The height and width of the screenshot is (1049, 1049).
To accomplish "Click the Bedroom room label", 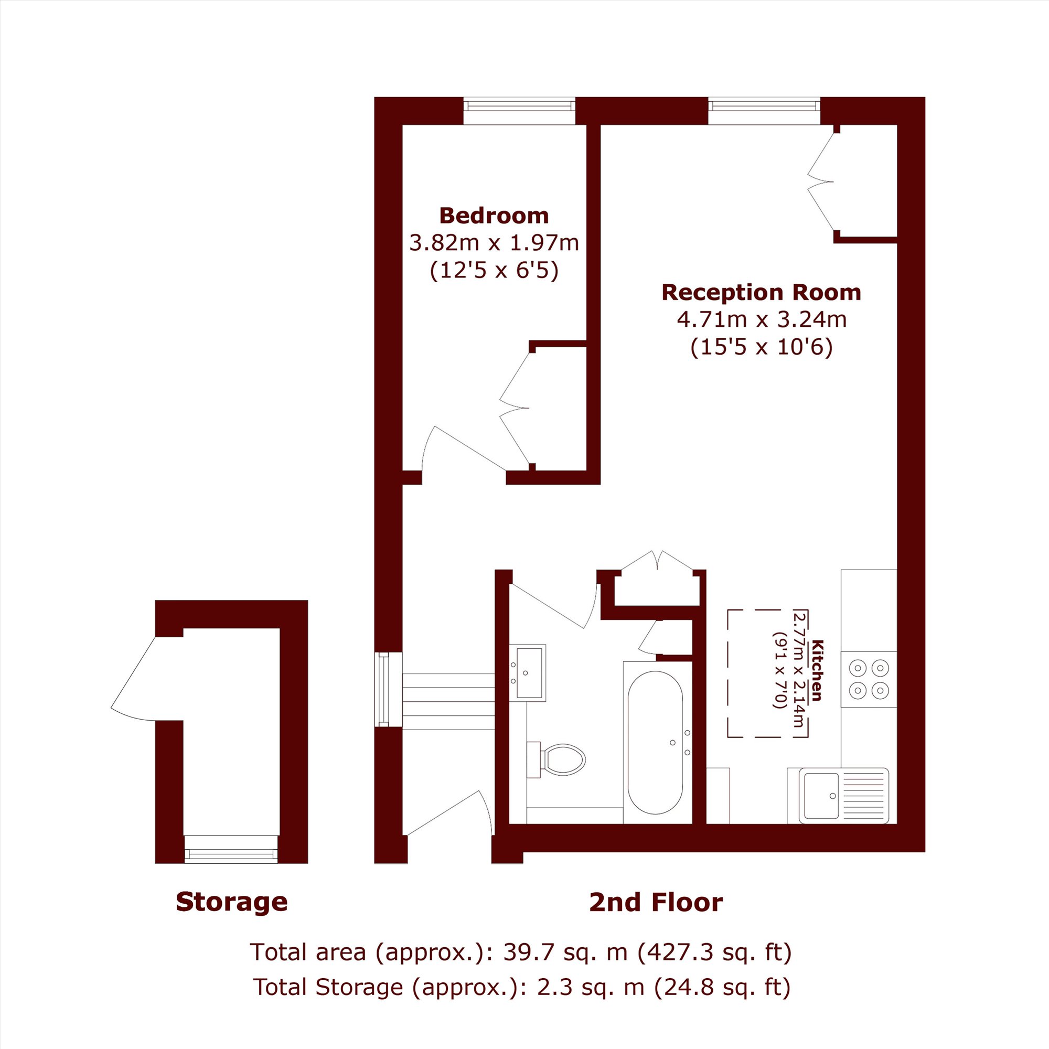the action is (494, 216).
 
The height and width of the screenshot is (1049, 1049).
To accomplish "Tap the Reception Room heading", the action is (761, 292).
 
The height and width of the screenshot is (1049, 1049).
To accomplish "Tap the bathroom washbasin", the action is (527, 673).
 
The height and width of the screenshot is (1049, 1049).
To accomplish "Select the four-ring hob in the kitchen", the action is (868, 679).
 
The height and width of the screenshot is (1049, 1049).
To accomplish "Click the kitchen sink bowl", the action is (821, 796).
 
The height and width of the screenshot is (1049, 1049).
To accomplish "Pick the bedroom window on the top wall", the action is (519, 111).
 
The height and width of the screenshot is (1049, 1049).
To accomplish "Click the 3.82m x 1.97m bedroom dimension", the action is (494, 243).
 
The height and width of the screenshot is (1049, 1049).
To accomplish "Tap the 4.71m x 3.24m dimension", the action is (761, 319).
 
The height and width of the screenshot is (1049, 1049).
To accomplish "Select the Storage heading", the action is (232, 902).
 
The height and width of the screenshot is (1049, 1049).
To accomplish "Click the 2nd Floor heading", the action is (656, 902).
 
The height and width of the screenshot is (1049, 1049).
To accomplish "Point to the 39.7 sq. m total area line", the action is (521, 952).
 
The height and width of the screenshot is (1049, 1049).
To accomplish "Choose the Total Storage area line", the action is (522, 987).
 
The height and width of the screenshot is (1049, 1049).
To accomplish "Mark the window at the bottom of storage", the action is (231, 850).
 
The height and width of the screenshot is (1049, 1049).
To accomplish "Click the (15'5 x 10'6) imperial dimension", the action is (761, 347).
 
